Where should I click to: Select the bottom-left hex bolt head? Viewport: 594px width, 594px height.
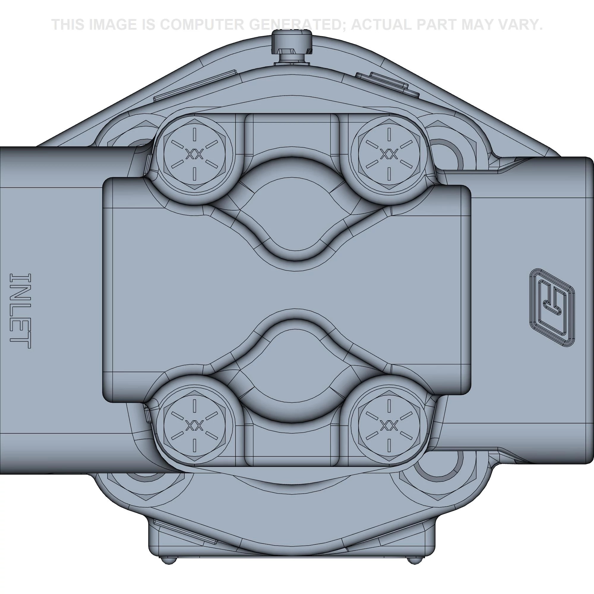194,426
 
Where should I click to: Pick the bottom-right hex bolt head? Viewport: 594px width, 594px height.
389,426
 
